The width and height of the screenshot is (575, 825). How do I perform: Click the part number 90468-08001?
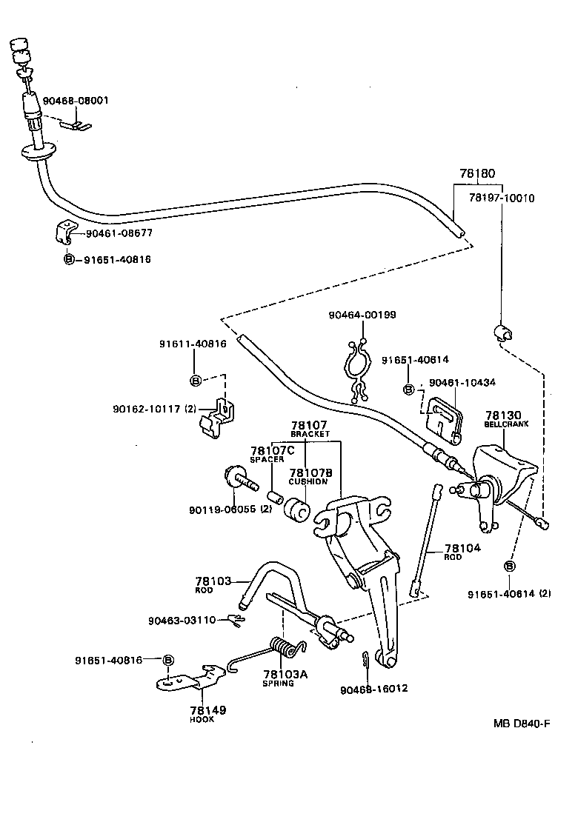click(76, 100)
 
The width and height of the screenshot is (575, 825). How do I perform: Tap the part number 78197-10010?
click(502, 198)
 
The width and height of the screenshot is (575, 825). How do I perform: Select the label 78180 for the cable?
click(476, 174)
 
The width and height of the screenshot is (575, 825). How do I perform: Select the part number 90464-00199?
click(362, 315)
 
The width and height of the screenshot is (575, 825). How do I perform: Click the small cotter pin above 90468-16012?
click(367, 658)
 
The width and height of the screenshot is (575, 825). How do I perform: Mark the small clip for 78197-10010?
click(502, 331)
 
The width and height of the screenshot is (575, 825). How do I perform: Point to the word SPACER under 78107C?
click(267, 460)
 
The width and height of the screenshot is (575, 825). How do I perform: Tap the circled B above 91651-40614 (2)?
click(509, 567)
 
